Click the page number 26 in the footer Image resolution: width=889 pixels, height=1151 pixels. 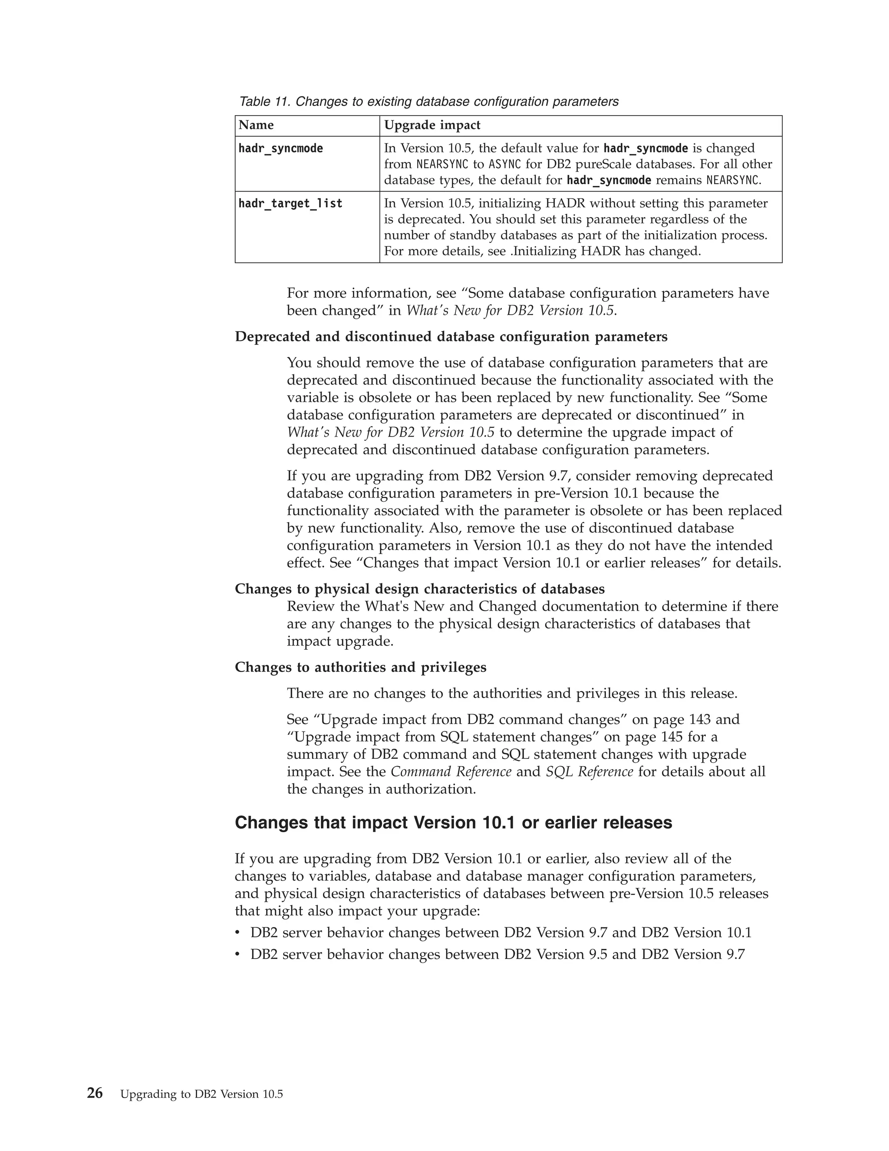coord(95,1094)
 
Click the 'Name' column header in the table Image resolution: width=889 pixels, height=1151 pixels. coord(256,126)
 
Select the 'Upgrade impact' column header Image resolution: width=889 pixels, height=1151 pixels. coord(432,126)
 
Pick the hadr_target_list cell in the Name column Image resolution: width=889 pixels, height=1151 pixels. coord(290,203)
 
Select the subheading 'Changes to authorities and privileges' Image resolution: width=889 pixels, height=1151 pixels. coord(360,667)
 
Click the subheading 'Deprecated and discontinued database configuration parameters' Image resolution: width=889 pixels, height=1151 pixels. coord(451,337)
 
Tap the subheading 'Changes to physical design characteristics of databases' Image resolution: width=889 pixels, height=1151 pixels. coord(419,589)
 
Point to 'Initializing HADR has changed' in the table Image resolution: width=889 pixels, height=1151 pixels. coord(607,251)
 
